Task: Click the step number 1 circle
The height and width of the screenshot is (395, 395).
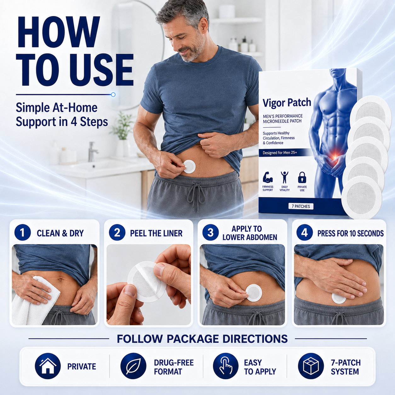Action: pyautogui.click(x=23, y=233)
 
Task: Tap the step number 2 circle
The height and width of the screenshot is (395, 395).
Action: pyautogui.click(x=117, y=233)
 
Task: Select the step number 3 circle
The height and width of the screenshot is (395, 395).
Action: pyautogui.click(x=210, y=233)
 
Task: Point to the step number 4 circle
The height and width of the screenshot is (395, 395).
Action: pyautogui.click(x=305, y=233)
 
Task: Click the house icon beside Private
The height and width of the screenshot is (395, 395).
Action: pyautogui.click(x=48, y=366)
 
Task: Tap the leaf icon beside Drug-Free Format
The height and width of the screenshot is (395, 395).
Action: pyautogui.click(x=133, y=366)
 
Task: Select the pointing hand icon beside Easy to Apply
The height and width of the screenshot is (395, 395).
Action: pyautogui.click(x=226, y=366)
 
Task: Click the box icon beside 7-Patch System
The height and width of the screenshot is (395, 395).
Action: pyautogui.click(x=311, y=366)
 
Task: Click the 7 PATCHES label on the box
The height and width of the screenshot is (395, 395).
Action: pyautogui.click(x=301, y=206)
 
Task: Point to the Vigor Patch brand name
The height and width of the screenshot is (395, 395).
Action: pyautogui.click(x=287, y=103)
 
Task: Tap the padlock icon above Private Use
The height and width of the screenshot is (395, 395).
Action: pyautogui.click(x=302, y=178)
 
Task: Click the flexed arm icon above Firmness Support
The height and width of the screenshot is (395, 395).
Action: pyautogui.click(x=268, y=178)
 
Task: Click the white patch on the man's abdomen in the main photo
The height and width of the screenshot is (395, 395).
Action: pyautogui.click(x=189, y=167)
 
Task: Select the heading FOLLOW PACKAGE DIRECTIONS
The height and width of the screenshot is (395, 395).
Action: pyautogui.click(x=202, y=339)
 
